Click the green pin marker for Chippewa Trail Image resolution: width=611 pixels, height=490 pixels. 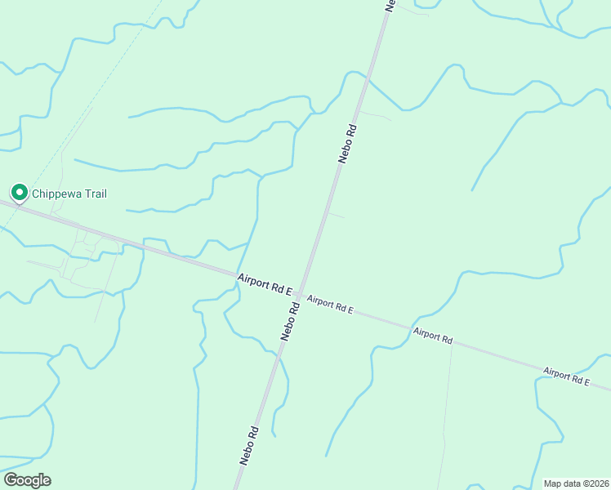tap(18, 193)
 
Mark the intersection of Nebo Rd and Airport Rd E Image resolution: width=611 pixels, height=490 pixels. tap(300, 294)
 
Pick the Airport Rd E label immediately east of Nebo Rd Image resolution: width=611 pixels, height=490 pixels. tap(330, 304)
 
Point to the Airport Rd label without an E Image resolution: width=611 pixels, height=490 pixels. tap(432, 335)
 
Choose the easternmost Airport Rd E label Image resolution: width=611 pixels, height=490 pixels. tap(567, 376)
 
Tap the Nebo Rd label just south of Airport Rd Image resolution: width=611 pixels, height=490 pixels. tap(289, 321)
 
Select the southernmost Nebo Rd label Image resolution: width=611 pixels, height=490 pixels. tap(248, 446)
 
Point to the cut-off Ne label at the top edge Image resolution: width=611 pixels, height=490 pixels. tap(390, 5)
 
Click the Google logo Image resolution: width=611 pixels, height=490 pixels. tap(27, 479)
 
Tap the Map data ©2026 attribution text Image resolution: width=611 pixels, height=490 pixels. tap(576, 483)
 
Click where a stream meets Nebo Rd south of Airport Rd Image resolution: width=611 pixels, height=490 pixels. tap(279, 354)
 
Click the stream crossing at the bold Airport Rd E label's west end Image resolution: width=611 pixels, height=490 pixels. tap(238, 276)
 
